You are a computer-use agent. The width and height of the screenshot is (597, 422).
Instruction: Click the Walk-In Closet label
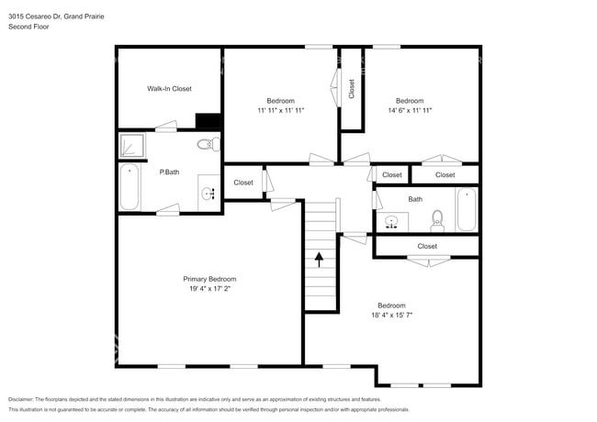click(x=169, y=89)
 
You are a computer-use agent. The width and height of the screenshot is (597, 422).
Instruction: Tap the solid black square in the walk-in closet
click(x=209, y=121)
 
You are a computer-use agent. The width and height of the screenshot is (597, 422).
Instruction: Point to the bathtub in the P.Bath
click(x=130, y=188)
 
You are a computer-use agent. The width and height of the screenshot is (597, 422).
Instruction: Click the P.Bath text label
click(x=168, y=172)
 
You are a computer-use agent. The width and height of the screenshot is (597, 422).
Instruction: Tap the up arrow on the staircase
click(x=320, y=259)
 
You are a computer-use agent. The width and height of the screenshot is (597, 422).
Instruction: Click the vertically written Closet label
click(x=352, y=88)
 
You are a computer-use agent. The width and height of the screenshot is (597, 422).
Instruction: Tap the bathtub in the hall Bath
click(x=467, y=210)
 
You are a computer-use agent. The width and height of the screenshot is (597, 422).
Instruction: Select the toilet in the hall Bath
click(x=437, y=219)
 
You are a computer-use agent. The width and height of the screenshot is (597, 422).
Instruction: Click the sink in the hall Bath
click(x=392, y=222)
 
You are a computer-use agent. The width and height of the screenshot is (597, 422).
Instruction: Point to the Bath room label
click(x=415, y=199)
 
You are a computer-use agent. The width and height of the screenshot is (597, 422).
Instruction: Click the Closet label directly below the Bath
click(x=427, y=246)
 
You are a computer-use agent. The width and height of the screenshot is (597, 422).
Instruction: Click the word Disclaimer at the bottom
click(x=27, y=400)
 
